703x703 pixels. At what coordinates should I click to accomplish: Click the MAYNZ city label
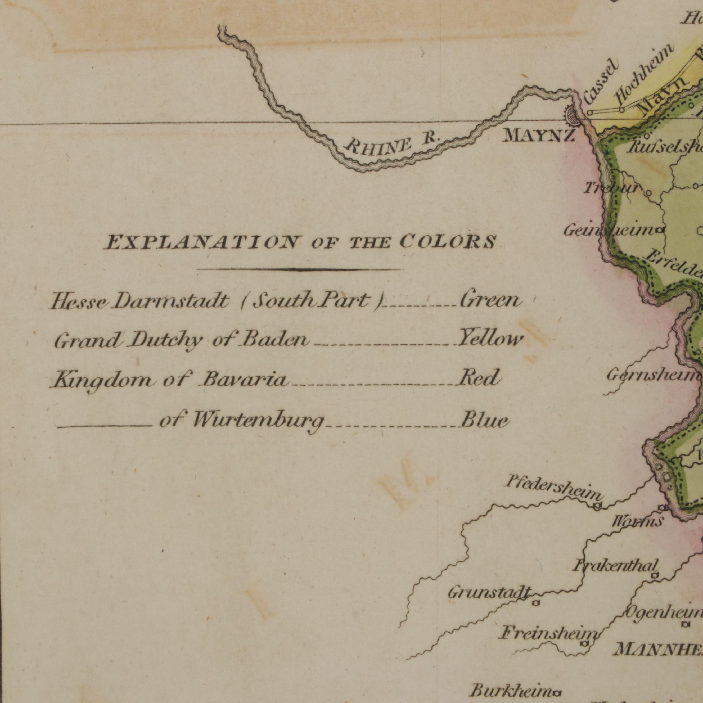539,136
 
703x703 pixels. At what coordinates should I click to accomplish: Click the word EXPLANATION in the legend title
202,242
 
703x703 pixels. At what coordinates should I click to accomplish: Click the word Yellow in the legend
490,339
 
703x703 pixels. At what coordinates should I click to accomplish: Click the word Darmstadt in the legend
171,301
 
